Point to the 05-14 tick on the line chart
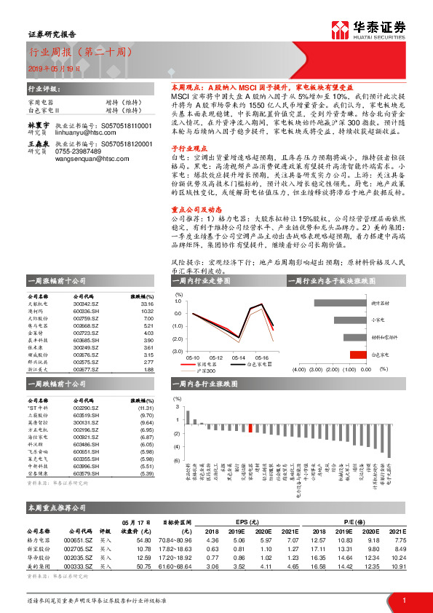[x=238, y=357]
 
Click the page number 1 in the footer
[x=403, y=600]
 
